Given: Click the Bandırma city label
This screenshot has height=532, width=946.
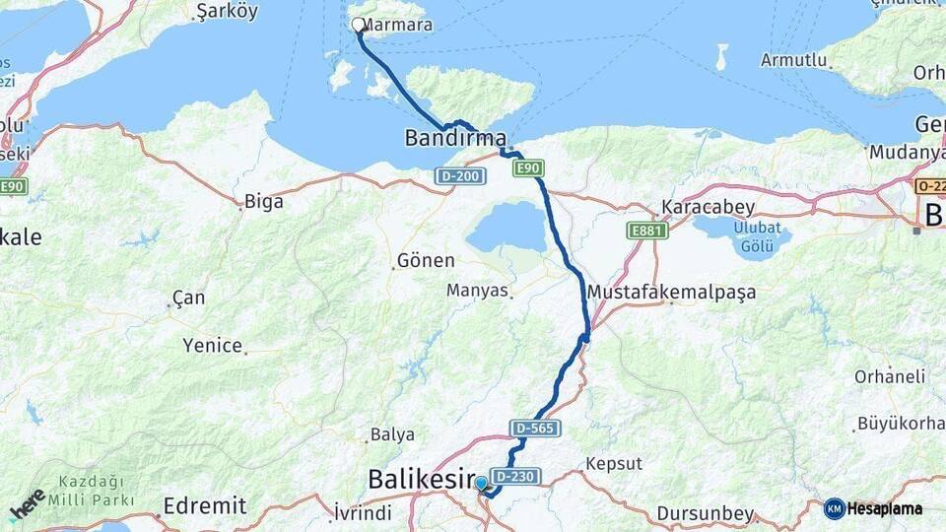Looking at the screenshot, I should pyautogui.click(x=455, y=139).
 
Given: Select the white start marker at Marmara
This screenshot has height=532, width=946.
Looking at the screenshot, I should pyautogui.click(x=358, y=25).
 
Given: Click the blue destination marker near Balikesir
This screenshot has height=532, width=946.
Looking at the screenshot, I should pyautogui.click(x=481, y=483).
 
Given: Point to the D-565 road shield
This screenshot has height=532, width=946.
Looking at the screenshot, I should pyautogui.click(x=535, y=429).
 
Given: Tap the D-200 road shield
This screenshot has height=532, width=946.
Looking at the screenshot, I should pyautogui.click(x=459, y=174).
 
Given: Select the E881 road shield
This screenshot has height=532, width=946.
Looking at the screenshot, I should pyautogui.click(x=647, y=231).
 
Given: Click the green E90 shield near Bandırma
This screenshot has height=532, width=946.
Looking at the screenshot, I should pyautogui.click(x=528, y=168).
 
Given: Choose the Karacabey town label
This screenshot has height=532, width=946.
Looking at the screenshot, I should pyautogui.click(x=708, y=208).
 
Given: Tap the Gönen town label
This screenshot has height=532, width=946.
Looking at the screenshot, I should pyautogui.click(x=425, y=261).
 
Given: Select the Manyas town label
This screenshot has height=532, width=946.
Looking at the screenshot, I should pyautogui.click(x=477, y=291).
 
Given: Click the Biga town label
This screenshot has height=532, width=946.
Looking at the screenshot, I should pyautogui.click(x=263, y=202).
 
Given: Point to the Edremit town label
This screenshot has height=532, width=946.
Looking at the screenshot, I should pyautogui.click(x=205, y=505).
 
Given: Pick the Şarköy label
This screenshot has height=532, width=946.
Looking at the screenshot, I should pyautogui.click(x=227, y=11).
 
